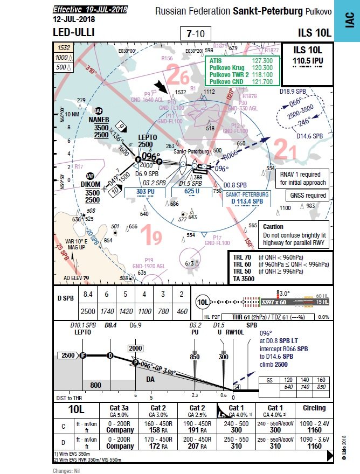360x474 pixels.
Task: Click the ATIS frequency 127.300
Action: (x=262, y=61)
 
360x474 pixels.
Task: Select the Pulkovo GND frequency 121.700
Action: (x=262, y=81)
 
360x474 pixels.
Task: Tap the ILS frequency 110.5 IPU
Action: (x=307, y=61)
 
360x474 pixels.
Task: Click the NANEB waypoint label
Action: (x=98, y=119)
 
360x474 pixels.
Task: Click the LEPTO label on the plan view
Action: (x=147, y=137)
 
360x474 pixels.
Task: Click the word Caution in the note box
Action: (x=274, y=227)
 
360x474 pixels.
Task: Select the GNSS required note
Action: (x=308, y=196)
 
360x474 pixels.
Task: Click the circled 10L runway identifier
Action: (x=203, y=302)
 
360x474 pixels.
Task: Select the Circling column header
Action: (x=314, y=408)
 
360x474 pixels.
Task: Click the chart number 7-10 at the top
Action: (x=195, y=33)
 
